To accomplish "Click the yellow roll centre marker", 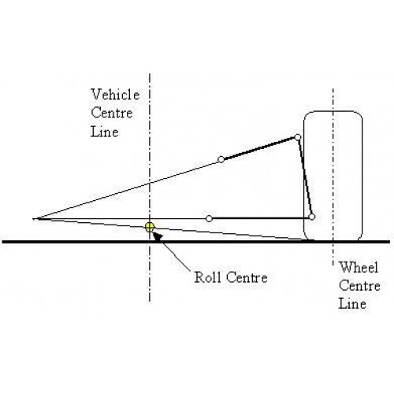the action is pyautogui.click(x=150, y=228).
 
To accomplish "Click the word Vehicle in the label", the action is pyautogui.click(x=115, y=95).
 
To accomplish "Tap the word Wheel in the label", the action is pyautogui.click(x=359, y=268).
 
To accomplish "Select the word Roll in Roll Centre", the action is pyautogui.click(x=207, y=277).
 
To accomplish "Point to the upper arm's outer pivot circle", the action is pyautogui.click(x=298, y=137).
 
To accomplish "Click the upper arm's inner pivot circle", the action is pyautogui.click(x=221, y=159).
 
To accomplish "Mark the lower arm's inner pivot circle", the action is pyautogui.click(x=209, y=218).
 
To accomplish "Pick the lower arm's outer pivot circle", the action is pyautogui.click(x=312, y=217).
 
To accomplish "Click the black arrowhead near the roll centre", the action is pyautogui.click(x=158, y=236).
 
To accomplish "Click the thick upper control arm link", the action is pyautogui.click(x=259, y=148).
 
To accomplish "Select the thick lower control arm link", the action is pyautogui.click(x=261, y=218).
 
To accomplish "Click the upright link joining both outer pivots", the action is pyautogui.click(x=305, y=177).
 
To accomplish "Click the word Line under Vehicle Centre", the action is pyautogui.click(x=104, y=132).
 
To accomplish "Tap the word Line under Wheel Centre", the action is pyautogui.click(x=352, y=304).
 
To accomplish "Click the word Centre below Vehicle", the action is pyautogui.click(x=111, y=113).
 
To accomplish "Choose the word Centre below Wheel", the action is pyautogui.click(x=359, y=286).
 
